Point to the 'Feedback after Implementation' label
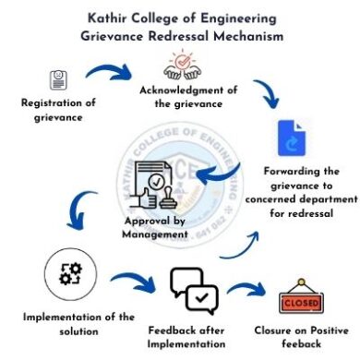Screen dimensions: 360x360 pos(195,337)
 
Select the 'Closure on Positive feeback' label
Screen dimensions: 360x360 pos(306,337)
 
